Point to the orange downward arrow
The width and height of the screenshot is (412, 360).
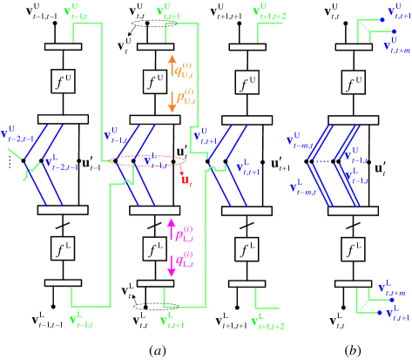pos(172,101)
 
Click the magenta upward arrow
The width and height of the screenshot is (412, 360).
pos(172,230)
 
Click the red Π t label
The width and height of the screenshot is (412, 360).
pos(186,180)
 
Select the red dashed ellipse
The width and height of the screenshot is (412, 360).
pos(149,161)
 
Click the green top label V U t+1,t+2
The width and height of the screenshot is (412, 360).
pos(269,13)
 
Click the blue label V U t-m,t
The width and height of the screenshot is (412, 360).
pos(301,140)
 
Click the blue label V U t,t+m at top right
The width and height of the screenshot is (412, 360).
pos(395,44)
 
